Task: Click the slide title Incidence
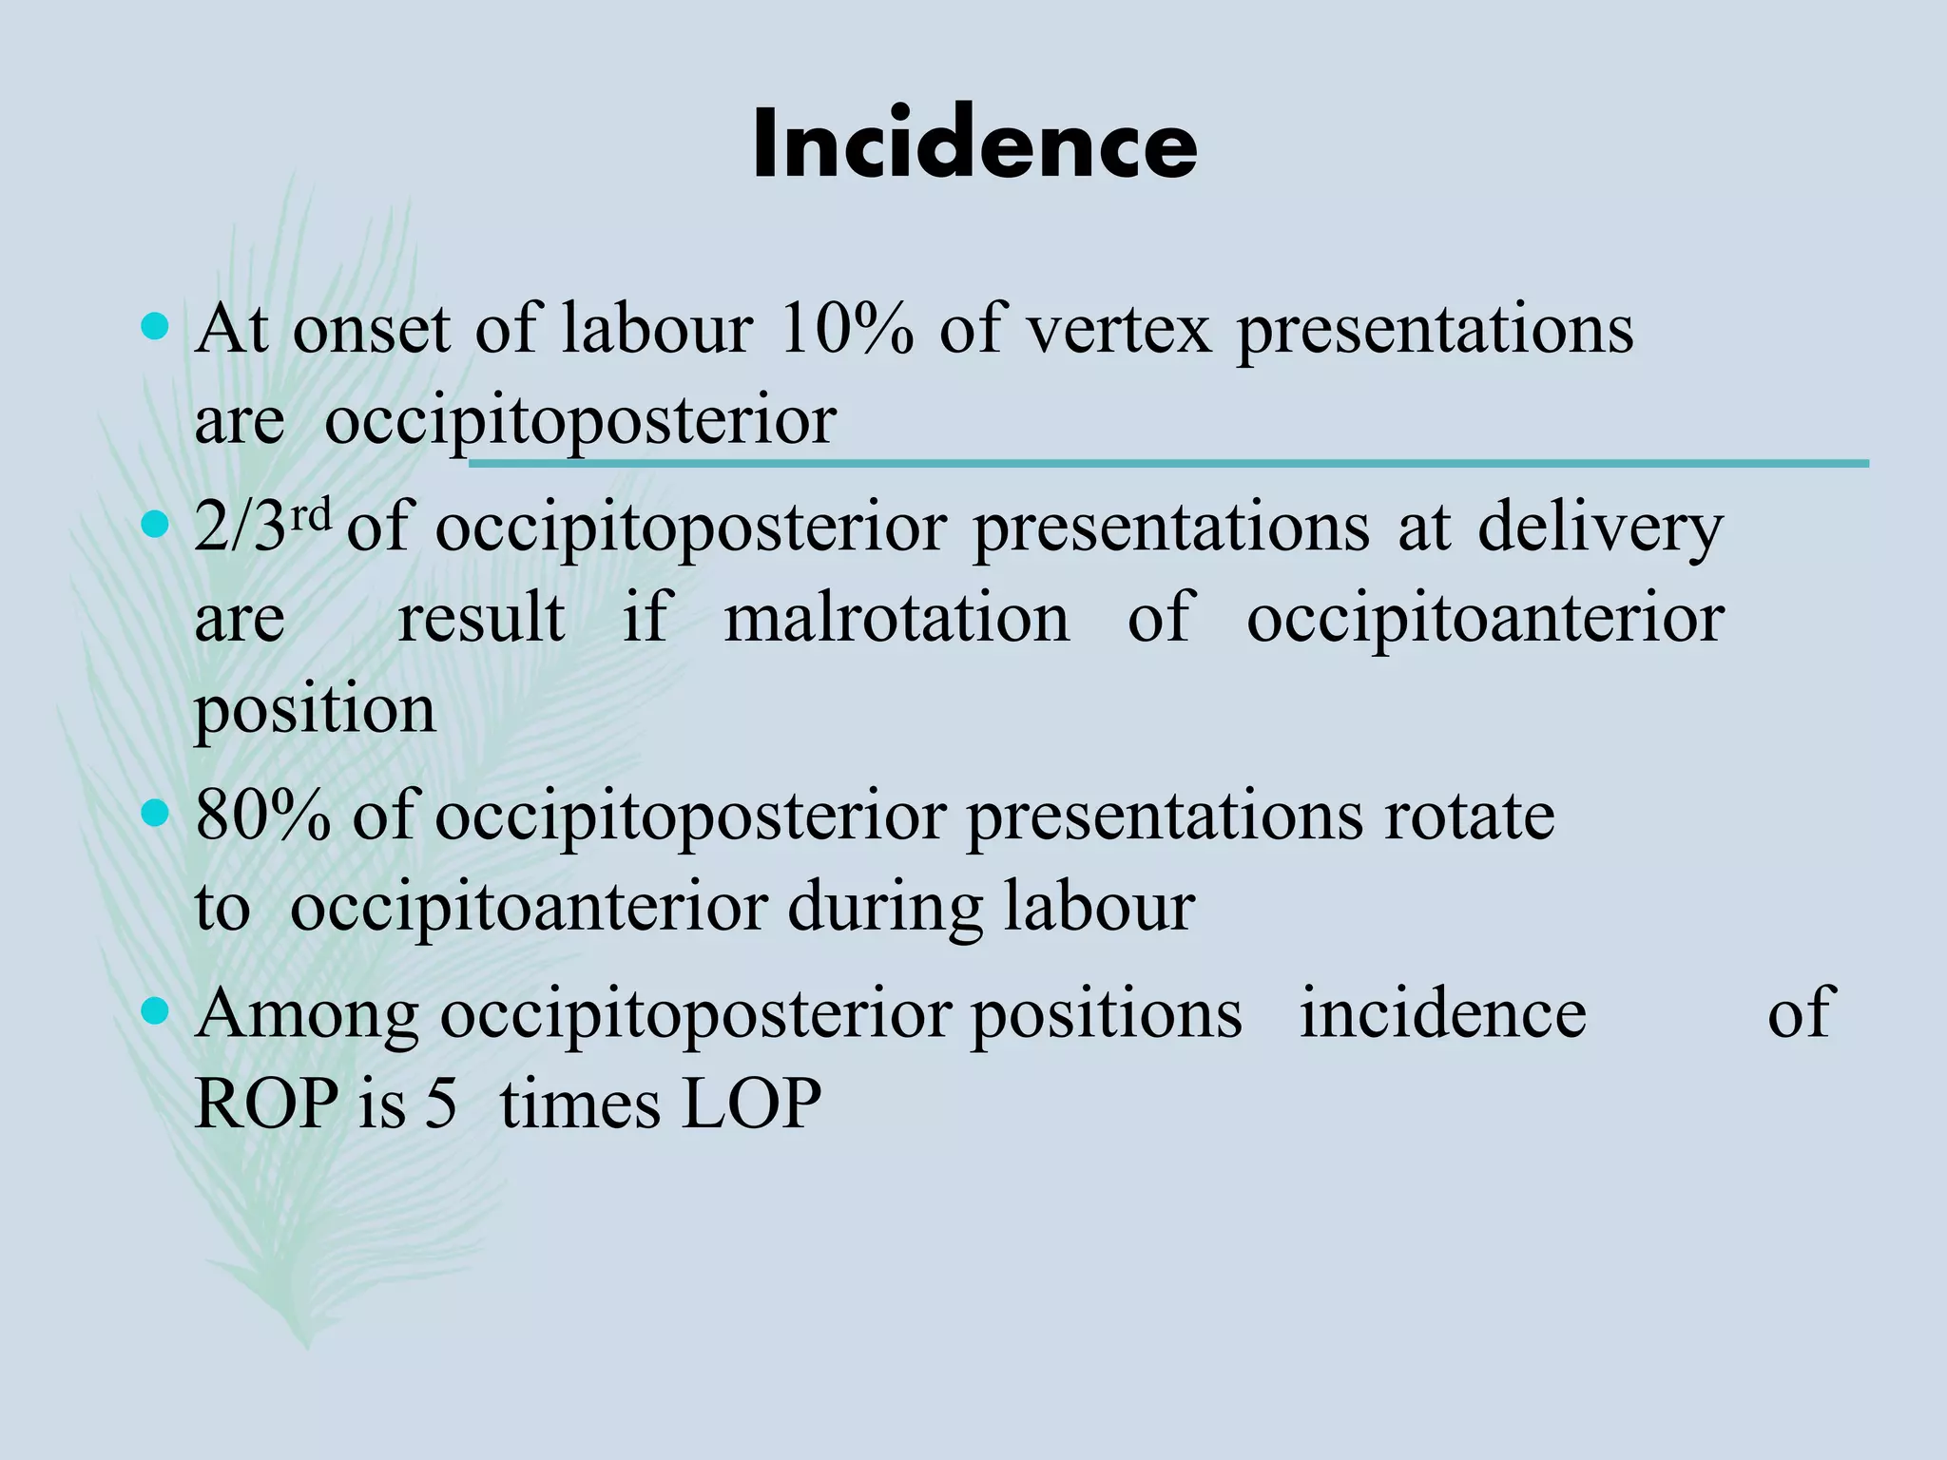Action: click(x=973, y=144)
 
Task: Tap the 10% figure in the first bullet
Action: click(x=845, y=329)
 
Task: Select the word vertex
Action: click(x=1119, y=329)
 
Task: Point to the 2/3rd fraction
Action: click(x=262, y=526)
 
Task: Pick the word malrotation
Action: click(x=896, y=618)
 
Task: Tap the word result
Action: click(x=481, y=618)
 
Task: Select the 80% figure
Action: click(x=262, y=816)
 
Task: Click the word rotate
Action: click(x=1469, y=816)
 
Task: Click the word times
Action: click(x=580, y=1105)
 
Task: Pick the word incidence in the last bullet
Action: click(x=1442, y=1012)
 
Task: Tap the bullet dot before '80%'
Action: click(x=154, y=814)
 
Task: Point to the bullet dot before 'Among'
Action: click(x=154, y=1010)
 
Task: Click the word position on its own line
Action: click(x=315, y=711)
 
